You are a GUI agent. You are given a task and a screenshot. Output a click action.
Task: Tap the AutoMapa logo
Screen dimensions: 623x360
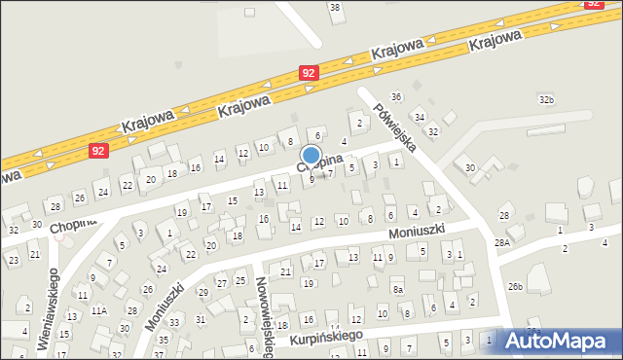[x=561, y=340]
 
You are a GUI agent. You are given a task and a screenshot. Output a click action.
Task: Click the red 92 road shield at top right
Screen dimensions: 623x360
[x=594, y=4]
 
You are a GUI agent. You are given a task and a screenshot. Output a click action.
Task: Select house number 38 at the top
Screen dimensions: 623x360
[x=335, y=8]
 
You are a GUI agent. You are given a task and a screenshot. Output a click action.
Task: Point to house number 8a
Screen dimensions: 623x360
[x=397, y=289]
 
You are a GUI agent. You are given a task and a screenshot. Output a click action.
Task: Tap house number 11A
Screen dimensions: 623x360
[x=99, y=311]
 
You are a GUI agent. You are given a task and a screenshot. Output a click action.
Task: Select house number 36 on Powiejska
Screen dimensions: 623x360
[x=395, y=96]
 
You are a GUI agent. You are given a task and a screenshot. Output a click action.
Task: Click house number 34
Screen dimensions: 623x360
[x=420, y=117]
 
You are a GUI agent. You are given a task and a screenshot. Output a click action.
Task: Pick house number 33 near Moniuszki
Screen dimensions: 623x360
[x=174, y=321]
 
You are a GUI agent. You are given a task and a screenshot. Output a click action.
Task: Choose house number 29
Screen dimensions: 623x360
[x=202, y=292]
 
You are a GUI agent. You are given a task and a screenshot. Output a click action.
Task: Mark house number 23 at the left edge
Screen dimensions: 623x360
[x=13, y=261]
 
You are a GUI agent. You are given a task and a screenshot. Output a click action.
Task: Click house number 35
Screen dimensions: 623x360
[x=163, y=341]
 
